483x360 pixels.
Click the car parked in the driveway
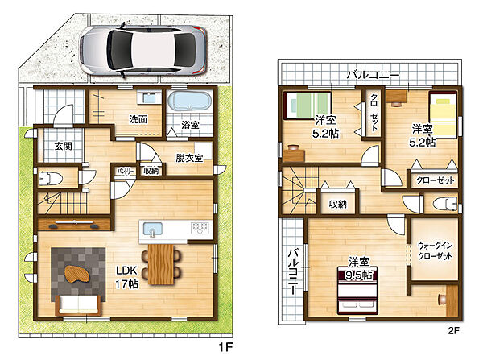143,50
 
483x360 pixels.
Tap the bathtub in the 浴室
189,101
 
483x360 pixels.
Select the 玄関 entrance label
64,146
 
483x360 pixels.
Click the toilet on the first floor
51,178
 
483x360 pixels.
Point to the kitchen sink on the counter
152,230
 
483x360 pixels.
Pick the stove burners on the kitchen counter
200,228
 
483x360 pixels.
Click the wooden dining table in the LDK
161,264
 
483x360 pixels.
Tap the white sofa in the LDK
79,304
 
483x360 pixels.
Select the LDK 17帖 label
126,277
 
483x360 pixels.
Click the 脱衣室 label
189,158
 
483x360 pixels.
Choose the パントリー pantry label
125,172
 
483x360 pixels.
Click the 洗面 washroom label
138,119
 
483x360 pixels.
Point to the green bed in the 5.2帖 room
308,106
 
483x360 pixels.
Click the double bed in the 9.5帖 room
357,292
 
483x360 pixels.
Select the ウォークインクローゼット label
435,251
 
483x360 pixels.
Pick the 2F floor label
453,331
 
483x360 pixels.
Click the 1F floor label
225,347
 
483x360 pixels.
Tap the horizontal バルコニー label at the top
373,75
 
